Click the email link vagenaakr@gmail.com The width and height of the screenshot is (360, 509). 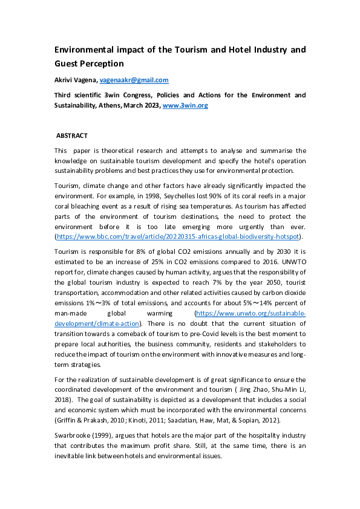pyautogui.click(x=134, y=80)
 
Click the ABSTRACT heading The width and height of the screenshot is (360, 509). pyautogui.click(x=71, y=136)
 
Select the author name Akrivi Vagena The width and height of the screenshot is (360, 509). pyautogui.click(x=76, y=80)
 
